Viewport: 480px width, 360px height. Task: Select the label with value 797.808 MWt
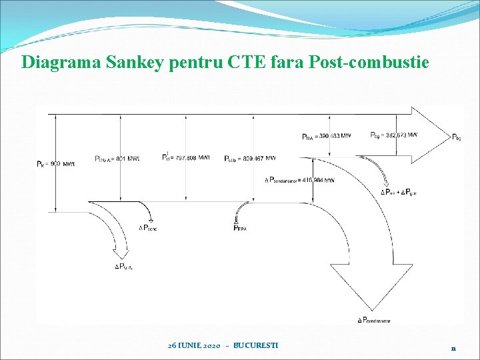click(x=186, y=158)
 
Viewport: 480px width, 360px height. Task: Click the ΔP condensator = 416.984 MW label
click(x=299, y=180)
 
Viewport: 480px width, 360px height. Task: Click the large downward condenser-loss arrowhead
click(x=371, y=286)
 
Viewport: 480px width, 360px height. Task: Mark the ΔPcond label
click(x=148, y=228)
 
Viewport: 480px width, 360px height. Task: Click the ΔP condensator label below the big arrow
click(x=374, y=321)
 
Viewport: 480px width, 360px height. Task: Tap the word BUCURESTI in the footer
click(x=256, y=346)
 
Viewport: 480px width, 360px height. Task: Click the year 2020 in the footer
click(x=211, y=346)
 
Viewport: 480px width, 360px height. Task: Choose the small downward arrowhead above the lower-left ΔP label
click(x=121, y=254)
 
